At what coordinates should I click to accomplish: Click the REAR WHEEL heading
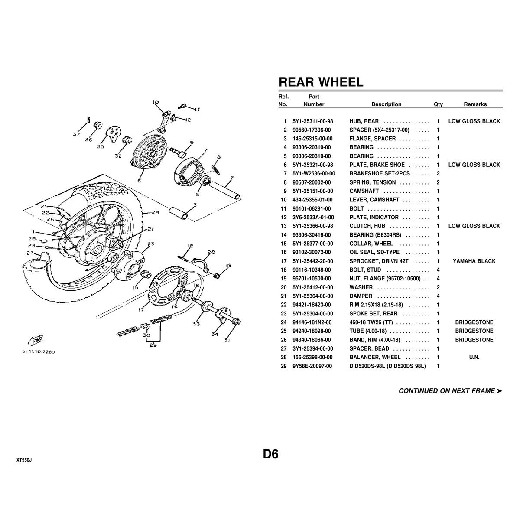[x=321, y=82]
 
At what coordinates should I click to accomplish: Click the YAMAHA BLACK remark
[x=474, y=261]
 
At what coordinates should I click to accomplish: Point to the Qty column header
[x=438, y=104]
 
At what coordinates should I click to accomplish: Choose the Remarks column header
[x=475, y=104]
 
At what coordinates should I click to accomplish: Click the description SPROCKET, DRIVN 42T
[x=377, y=261]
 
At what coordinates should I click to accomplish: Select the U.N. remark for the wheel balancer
[x=474, y=357]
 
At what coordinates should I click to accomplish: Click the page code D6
[x=270, y=454]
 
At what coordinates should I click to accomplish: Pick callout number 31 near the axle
[x=227, y=340]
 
